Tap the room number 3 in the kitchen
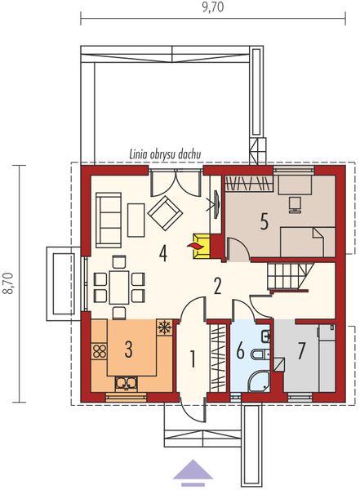(128, 350)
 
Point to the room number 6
(240, 351)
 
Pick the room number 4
(163, 253)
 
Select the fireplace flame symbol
(196, 243)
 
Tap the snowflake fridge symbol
(162, 328)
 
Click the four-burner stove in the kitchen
(100, 352)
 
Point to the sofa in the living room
(108, 218)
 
